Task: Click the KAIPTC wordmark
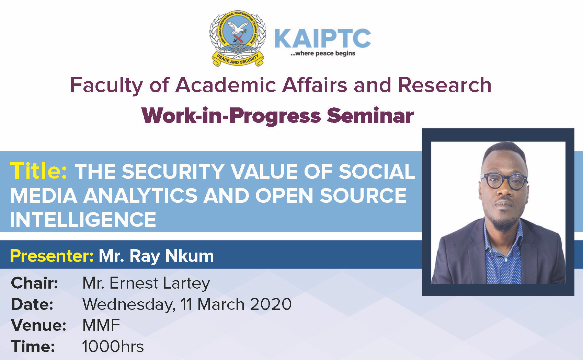coord(323,38)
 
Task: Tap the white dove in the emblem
coord(238,28)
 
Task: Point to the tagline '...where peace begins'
coord(323,53)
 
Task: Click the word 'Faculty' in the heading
coord(106,86)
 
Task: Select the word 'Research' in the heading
coord(445,85)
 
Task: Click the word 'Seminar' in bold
coord(370,116)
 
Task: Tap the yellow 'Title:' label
coord(38,171)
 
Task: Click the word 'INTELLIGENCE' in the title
coord(83,219)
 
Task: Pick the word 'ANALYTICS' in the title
coord(140,195)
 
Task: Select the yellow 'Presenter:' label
coord(52,256)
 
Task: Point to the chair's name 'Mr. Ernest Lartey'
coord(146,283)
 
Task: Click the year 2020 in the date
coord(271,304)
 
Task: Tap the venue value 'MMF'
coord(101,325)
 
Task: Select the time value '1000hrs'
coord(113,347)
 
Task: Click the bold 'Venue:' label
coord(38,325)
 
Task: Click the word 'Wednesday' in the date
coord(129,305)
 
